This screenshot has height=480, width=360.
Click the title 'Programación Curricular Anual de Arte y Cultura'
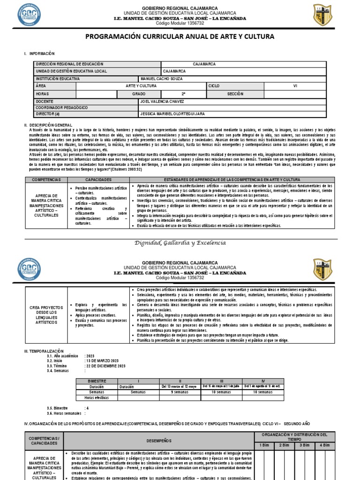coord(180,37)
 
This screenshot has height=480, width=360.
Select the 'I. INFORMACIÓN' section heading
coord(39,54)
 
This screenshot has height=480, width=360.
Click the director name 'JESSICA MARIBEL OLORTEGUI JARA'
coord(172,114)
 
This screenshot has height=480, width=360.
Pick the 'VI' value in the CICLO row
coord(295,86)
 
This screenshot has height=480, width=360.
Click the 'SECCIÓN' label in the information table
coord(235,94)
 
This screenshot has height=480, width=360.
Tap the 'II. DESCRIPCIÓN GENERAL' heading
coord(48,125)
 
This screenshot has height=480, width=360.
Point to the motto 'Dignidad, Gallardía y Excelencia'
coord(180,243)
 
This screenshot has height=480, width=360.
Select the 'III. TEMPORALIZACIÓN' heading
coord(43,351)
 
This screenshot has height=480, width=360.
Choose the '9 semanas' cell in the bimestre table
coord(180,391)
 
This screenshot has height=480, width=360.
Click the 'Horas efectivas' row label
coord(97,397)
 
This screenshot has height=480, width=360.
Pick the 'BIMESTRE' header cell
coord(97,381)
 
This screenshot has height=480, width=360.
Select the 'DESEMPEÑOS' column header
coord(159,441)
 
